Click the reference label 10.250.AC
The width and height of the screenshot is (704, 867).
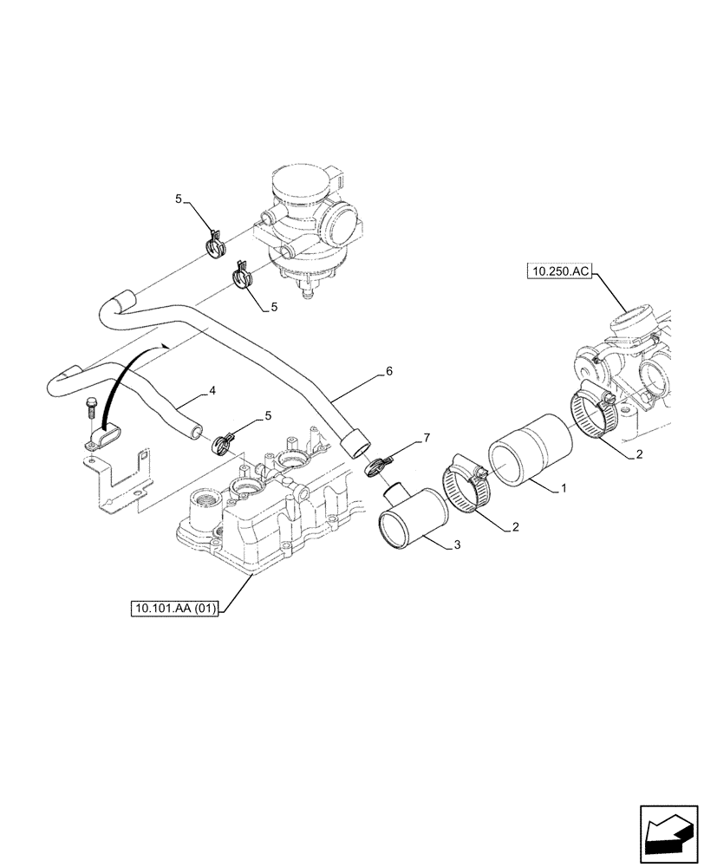tap(558, 272)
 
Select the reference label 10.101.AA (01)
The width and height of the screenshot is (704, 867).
tap(174, 609)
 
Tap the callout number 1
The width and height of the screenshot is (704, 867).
tap(564, 489)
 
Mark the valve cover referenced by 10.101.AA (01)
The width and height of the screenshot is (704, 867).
tap(260, 512)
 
